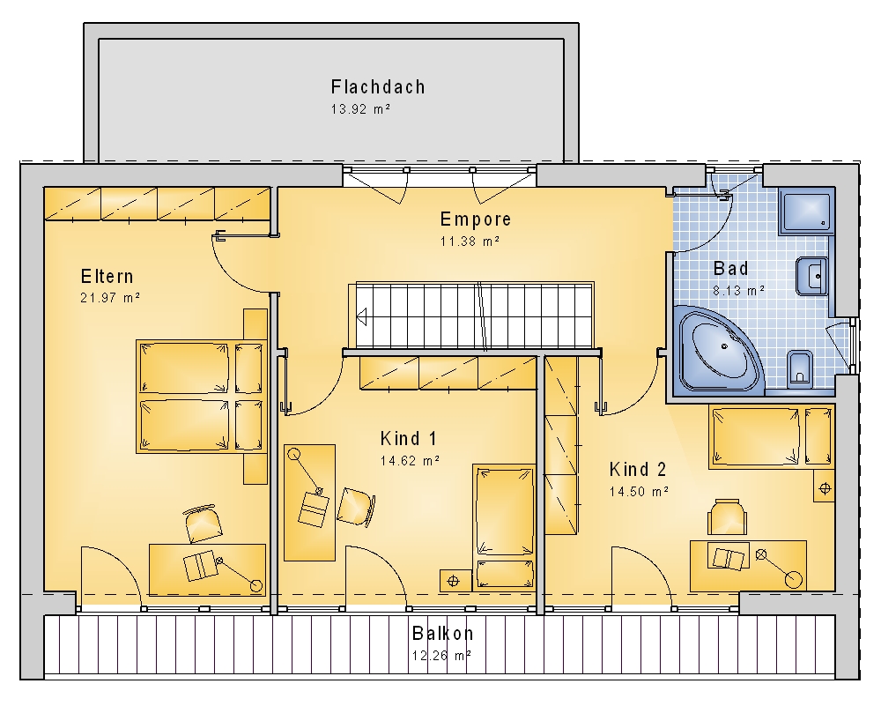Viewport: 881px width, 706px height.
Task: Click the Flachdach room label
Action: pyautogui.click(x=378, y=87)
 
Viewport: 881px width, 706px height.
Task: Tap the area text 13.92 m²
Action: pyautogui.click(x=360, y=109)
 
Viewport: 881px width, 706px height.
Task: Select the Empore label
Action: pyautogui.click(x=476, y=219)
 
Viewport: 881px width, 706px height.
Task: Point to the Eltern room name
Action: pyautogui.click(x=107, y=276)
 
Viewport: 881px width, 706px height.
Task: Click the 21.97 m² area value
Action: pyautogui.click(x=109, y=297)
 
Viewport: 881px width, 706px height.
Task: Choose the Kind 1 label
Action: pyautogui.click(x=408, y=438)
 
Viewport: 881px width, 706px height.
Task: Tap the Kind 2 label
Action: pyautogui.click(x=638, y=469)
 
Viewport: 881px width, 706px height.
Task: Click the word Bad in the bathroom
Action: pyautogui.click(x=730, y=269)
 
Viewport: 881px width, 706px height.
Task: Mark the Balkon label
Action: pyautogui.click(x=443, y=634)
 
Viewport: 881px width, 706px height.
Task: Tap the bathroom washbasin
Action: pyautogui.click(x=812, y=276)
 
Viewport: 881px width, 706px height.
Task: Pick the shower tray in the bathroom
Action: pyautogui.click(x=806, y=212)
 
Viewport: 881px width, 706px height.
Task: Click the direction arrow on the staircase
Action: pyautogui.click(x=361, y=316)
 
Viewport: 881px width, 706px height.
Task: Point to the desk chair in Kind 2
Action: pyautogui.click(x=727, y=517)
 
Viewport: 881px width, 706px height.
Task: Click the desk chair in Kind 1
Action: pyautogui.click(x=356, y=507)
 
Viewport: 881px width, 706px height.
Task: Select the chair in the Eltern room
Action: pyautogui.click(x=203, y=524)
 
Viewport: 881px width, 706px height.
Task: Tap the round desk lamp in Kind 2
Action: pyautogui.click(x=794, y=580)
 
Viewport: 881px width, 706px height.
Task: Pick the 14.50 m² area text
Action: pyautogui.click(x=639, y=491)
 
